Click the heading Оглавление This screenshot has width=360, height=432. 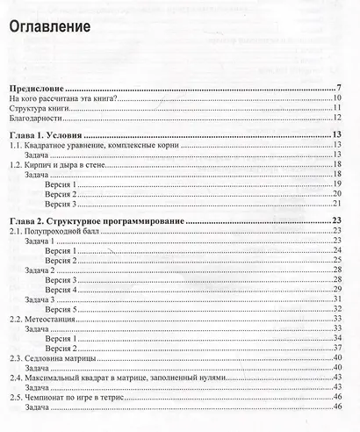pos(50,27)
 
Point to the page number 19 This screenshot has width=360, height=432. pos(336,184)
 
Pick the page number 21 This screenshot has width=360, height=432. pos(336,204)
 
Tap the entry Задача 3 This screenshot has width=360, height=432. pos(42,299)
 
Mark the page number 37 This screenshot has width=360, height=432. pos(336,349)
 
